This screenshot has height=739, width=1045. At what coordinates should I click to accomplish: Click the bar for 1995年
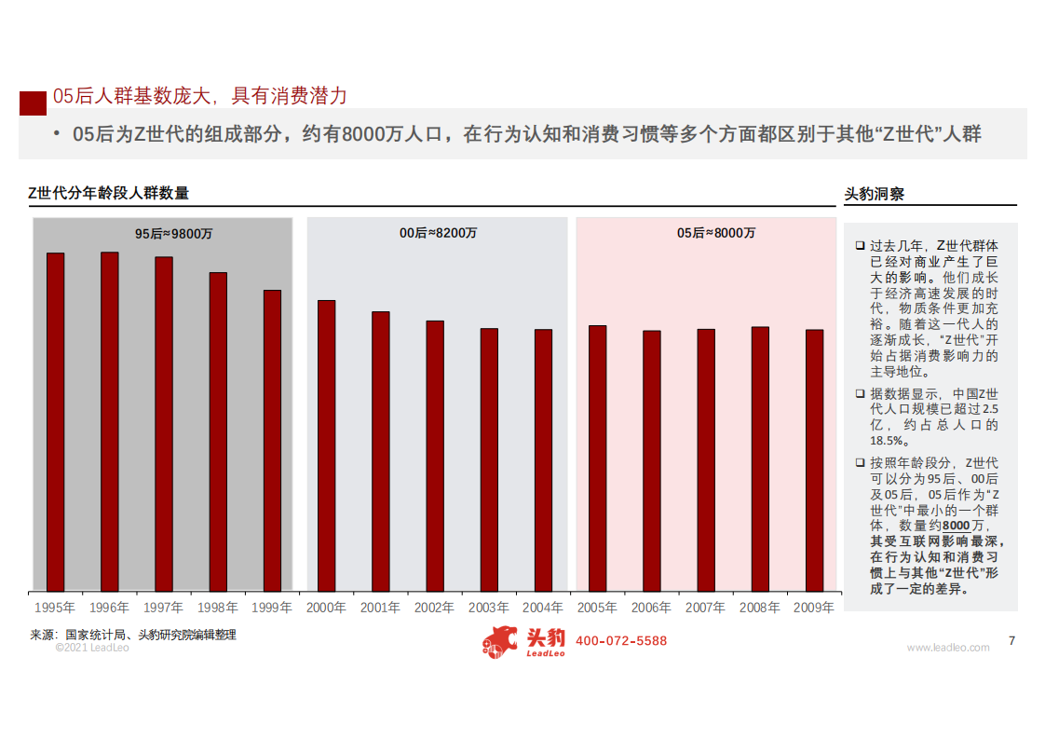coord(56,421)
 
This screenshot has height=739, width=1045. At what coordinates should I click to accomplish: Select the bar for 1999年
coord(272,440)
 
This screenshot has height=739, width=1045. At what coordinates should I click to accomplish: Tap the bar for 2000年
coord(327,445)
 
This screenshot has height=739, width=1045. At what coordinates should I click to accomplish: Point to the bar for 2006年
coord(652,460)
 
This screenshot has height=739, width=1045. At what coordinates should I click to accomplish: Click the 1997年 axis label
coord(164,608)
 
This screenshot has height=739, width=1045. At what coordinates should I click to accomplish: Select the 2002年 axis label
coord(435,608)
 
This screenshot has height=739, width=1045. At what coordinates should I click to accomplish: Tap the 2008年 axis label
coord(760,608)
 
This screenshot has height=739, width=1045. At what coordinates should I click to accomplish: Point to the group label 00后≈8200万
coord(439,233)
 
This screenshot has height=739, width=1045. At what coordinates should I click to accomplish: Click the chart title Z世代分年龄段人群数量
coord(108,193)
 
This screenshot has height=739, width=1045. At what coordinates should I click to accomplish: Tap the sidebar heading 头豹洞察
coord(874,194)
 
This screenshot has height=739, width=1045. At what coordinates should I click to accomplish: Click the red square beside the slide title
coord(34,102)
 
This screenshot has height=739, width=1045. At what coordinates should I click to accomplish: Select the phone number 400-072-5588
coord(621,641)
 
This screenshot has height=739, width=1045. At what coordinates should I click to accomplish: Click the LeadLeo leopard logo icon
coord(499,641)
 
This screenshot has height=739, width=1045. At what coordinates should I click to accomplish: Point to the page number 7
coord(1012,640)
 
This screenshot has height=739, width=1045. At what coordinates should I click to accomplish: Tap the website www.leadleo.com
coord(948,648)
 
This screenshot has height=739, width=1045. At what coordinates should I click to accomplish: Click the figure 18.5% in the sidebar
coord(887,440)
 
